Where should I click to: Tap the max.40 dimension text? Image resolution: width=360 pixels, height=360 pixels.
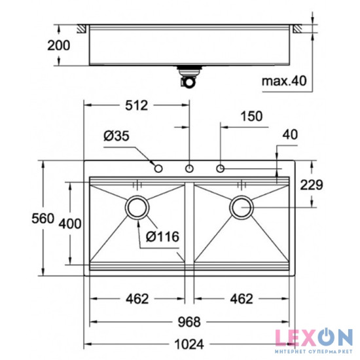(x=283, y=81)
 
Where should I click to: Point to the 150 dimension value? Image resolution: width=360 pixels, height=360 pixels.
(x=250, y=117)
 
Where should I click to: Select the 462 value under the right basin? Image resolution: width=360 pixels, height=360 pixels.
(x=241, y=299)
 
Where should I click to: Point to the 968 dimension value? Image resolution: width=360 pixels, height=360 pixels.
(x=189, y=322)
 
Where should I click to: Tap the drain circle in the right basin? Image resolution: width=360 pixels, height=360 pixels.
(x=241, y=207)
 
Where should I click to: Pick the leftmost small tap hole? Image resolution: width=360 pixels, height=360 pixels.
(x=158, y=169)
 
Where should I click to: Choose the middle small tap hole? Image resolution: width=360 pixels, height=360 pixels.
(x=189, y=169)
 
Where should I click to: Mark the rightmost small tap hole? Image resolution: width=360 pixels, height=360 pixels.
(x=220, y=169)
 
